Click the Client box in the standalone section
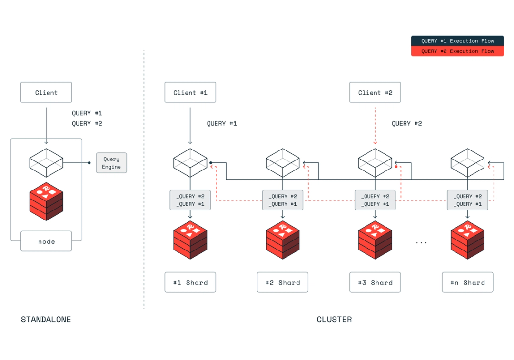pyautogui.click(x=46, y=92)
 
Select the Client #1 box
pyautogui.click(x=190, y=92)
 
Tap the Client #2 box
pyautogui.click(x=375, y=92)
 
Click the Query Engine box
pyautogui.click(x=111, y=163)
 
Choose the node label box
pyautogui.click(x=46, y=241)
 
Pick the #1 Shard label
pyautogui.click(x=190, y=282)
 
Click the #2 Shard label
pyautogui.click(x=283, y=282)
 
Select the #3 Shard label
pyautogui.click(x=375, y=282)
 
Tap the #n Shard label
pyautogui.click(x=467, y=282)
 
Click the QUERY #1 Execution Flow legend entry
pyautogui.click(x=457, y=41)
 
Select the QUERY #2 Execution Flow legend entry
pyautogui.click(x=457, y=51)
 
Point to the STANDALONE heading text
pyautogui.click(x=46, y=320)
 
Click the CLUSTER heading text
pyautogui.click(x=334, y=320)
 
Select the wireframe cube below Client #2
pyautogui.click(x=375, y=162)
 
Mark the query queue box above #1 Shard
pyautogui.click(x=190, y=200)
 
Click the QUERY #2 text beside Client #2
pyautogui.click(x=406, y=123)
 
